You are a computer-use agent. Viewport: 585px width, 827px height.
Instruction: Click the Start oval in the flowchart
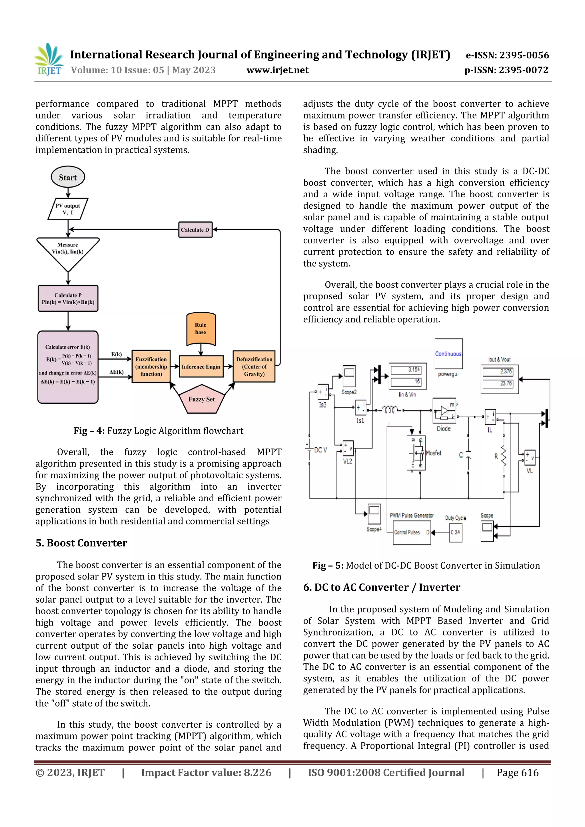[68, 177]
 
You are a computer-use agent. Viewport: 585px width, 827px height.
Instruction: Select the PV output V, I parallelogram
[68, 209]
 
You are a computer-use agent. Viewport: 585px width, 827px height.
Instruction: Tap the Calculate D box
[195, 230]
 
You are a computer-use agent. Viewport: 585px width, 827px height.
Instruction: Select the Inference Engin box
[201, 367]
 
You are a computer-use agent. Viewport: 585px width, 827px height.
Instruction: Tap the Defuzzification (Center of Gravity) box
[254, 367]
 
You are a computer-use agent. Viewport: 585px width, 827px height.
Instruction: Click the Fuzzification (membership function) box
[151, 367]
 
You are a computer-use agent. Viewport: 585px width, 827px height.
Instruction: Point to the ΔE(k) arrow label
[117, 372]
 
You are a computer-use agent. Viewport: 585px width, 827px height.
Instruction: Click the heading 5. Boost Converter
[81, 543]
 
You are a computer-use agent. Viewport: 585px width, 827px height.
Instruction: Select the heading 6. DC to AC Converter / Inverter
[381, 587]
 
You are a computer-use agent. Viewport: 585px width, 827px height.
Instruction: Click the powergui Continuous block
[448, 354]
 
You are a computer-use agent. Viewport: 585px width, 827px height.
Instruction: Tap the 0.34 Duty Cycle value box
[456, 532]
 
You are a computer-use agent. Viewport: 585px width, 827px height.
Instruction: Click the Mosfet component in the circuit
[416, 453]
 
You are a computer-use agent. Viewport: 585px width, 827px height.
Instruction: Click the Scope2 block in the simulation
[349, 376]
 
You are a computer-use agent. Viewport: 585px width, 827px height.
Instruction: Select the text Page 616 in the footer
[517, 772]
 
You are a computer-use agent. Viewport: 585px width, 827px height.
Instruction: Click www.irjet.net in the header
[278, 70]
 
